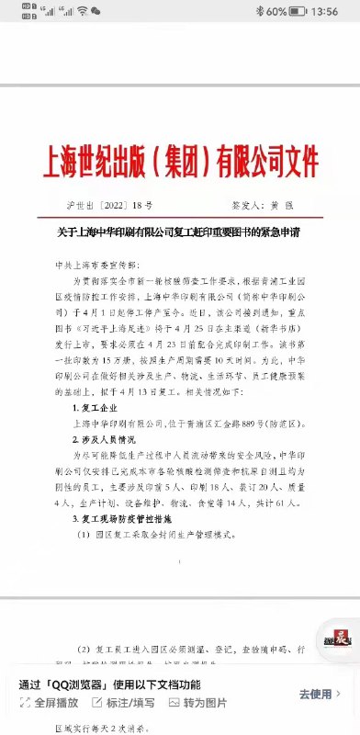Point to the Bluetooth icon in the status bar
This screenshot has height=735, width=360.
click(x=260, y=11)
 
